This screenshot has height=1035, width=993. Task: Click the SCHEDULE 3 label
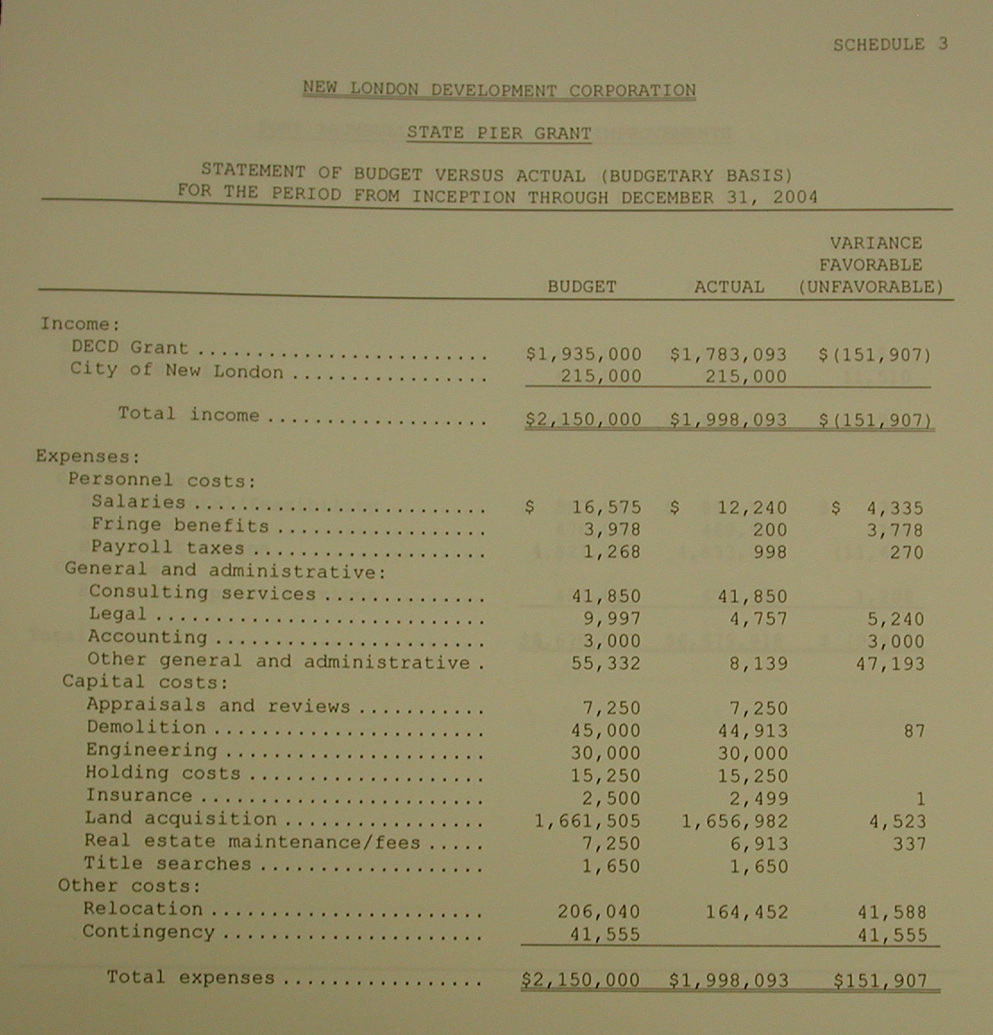(889, 45)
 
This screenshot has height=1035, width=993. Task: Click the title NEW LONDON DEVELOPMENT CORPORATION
(499, 89)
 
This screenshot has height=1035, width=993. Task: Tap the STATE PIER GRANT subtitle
(499, 133)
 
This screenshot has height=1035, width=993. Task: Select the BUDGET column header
(582, 287)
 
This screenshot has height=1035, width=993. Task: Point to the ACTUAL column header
(729, 287)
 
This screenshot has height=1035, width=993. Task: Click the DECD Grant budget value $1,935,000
(584, 355)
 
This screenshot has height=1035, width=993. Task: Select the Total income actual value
(728, 420)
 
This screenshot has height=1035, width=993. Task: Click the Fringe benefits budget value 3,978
(611, 530)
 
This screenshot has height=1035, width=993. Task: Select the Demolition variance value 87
(913, 730)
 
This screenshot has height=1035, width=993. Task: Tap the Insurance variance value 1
(920, 798)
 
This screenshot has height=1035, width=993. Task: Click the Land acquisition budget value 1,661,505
(587, 821)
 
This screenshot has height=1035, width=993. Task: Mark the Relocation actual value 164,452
(734, 912)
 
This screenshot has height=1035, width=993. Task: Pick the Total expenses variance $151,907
(880, 981)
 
